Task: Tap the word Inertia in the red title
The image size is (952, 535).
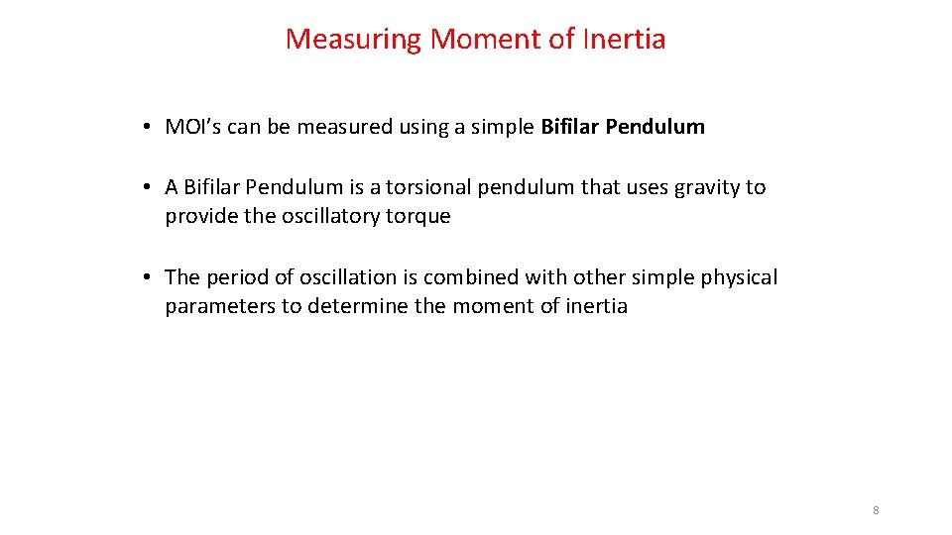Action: [x=624, y=40]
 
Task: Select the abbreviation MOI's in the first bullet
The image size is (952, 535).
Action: [x=193, y=127]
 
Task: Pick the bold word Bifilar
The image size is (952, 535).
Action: [x=569, y=127]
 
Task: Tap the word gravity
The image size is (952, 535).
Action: [x=708, y=187]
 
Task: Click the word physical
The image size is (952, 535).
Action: [x=739, y=277]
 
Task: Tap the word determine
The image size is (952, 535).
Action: [x=357, y=306]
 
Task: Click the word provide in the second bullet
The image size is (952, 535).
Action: [x=195, y=216]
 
